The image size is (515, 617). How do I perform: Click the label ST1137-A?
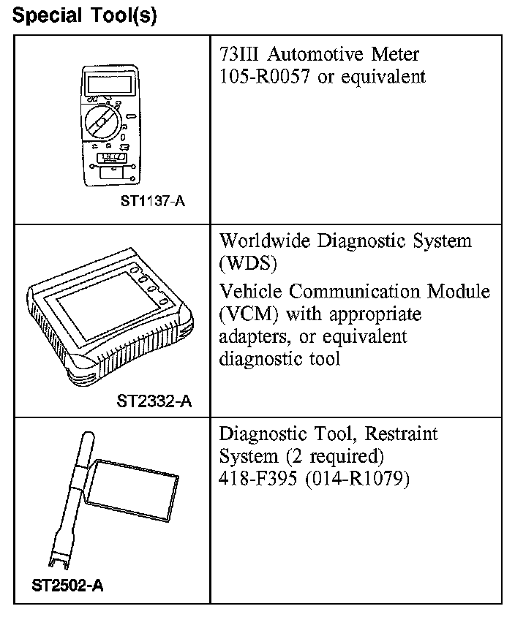(152, 201)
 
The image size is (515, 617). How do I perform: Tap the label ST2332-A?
(154, 401)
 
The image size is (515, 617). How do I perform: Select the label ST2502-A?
(68, 586)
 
